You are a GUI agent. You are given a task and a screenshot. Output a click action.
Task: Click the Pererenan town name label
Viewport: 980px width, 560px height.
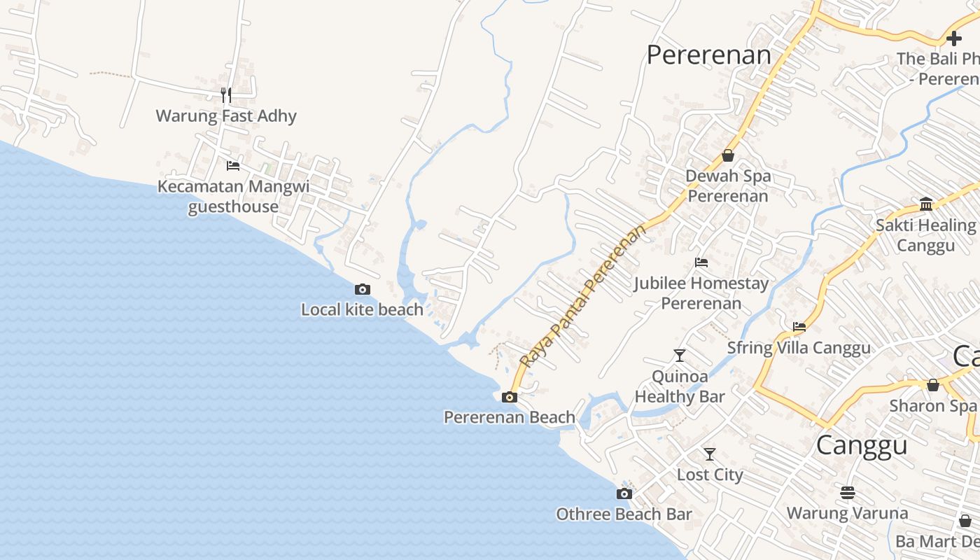[x=708, y=55]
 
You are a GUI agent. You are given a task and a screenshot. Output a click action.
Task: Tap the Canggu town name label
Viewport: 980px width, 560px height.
[x=862, y=445]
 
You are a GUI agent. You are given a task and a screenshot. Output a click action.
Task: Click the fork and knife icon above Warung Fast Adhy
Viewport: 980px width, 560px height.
[x=225, y=94]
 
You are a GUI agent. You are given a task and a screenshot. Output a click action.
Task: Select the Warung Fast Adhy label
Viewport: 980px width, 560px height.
[x=226, y=115]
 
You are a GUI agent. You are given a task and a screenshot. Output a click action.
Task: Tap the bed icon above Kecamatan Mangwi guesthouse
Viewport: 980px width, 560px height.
[x=233, y=166]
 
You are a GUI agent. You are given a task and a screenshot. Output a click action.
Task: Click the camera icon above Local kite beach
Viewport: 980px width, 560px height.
[x=362, y=289]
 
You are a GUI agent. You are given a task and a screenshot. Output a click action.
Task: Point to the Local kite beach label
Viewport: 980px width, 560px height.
[x=362, y=309]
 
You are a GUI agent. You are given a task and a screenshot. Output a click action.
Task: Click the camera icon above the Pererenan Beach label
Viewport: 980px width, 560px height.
[x=510, y=397]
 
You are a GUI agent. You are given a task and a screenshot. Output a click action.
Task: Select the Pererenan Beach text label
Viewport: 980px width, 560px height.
[x=510, y=417]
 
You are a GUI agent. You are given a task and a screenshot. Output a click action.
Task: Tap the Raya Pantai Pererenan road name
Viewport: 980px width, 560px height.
[x=582, y=297]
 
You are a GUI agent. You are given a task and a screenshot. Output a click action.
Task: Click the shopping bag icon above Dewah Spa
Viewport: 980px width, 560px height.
[x=728, y=155]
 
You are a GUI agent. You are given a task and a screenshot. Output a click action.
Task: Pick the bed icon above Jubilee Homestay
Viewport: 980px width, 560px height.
[x=701, y=262]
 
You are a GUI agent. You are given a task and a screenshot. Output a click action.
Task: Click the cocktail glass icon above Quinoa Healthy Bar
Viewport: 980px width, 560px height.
[x=679, y=356]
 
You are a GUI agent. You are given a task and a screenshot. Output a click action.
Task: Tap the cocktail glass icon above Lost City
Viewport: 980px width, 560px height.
[x=710, y=454]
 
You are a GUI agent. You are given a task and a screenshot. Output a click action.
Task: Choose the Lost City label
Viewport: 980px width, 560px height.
[x=710, y=475]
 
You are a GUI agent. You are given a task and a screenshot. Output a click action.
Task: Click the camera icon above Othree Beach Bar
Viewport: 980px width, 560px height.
[x=624, y=493]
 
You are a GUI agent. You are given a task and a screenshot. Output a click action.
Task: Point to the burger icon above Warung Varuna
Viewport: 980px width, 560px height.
[x=848, y=493]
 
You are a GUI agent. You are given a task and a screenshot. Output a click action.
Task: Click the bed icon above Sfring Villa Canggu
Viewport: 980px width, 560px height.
[x=799, y=327]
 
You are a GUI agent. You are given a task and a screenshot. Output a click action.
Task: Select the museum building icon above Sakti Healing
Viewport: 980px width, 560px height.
[x=926, y=204]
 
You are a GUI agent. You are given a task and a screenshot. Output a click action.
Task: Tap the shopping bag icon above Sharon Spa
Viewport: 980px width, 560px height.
[x=933, y=385]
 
